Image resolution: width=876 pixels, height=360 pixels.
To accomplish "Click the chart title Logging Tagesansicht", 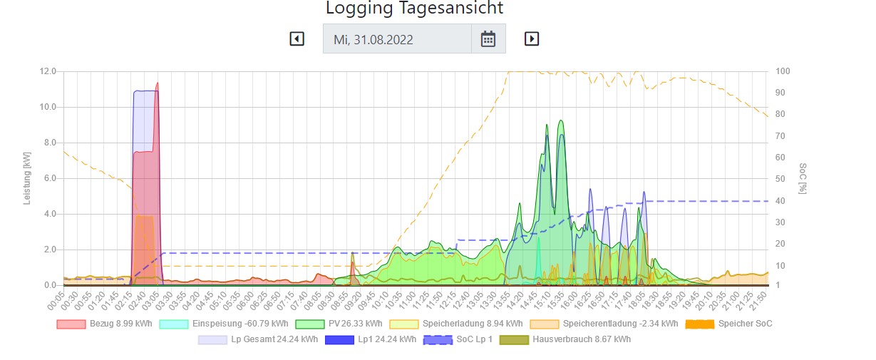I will click(414, 9).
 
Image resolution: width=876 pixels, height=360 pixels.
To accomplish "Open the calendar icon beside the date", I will click(488, 38).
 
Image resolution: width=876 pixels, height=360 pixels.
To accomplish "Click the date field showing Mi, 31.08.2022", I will click(397, 39).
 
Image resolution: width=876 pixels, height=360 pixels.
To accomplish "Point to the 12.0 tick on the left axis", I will click(48, 71).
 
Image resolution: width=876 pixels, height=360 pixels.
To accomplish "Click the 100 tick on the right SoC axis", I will click(783, 71).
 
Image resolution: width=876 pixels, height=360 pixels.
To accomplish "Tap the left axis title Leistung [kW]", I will click(28, 178).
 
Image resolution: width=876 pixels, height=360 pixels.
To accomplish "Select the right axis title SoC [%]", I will click(803, 178).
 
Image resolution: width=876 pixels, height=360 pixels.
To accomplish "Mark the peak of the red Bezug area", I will click(157, 83).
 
